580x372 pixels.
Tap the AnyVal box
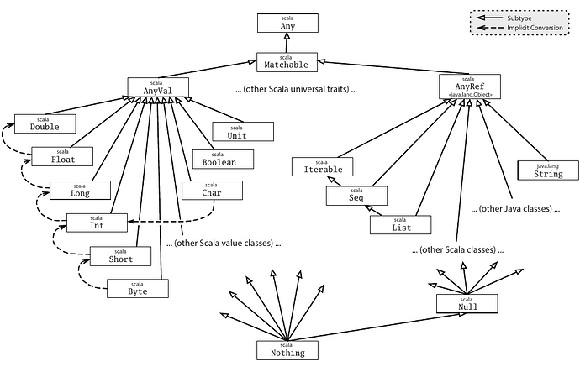[x=156, y=86]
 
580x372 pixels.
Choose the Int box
[x=97, y=223]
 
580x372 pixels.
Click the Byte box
[x=138, y=287]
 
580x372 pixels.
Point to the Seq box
[x=356, y=196]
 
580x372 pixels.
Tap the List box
[x=400, y=224]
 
